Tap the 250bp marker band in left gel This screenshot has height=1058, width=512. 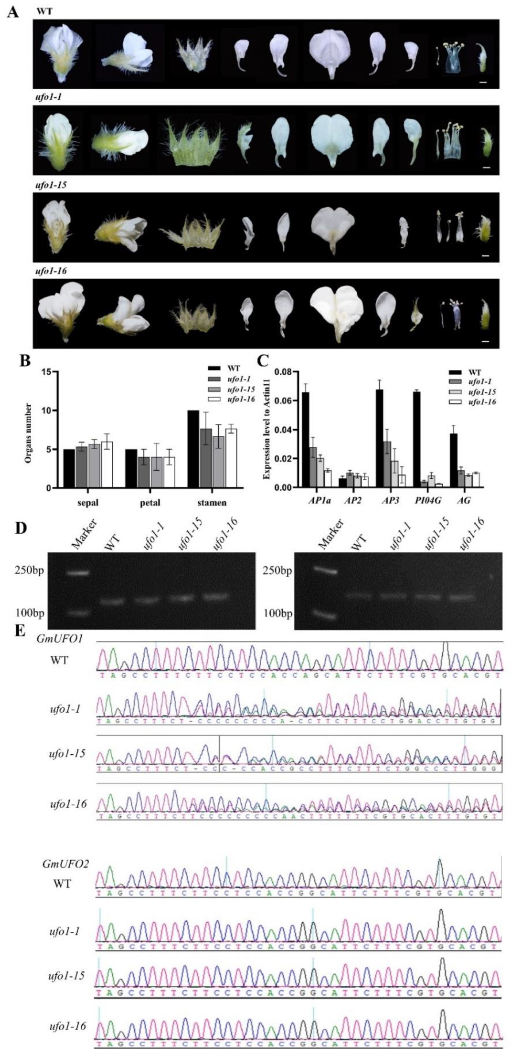tap(78, 573)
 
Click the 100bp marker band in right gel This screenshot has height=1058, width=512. tap(325, 615)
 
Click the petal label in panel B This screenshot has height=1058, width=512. tap(150, 503)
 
